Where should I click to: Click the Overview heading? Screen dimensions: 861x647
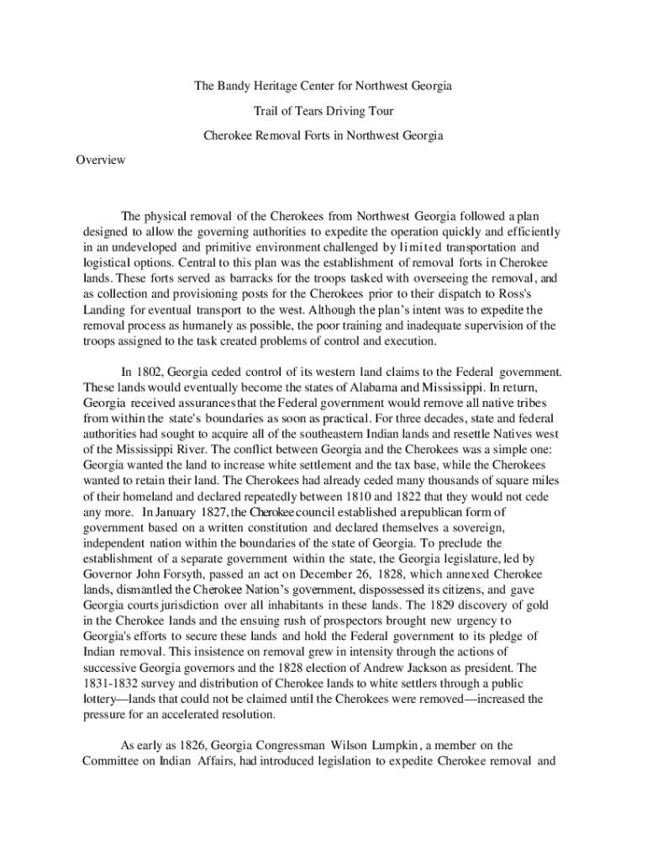click(101, 160)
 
